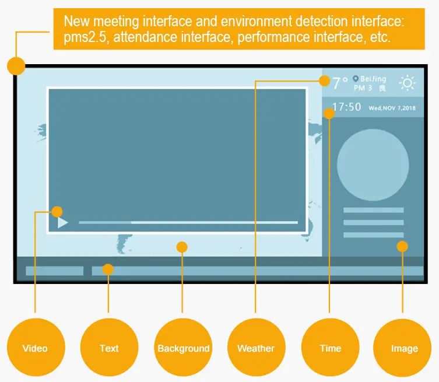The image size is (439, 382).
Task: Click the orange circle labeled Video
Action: coord(35,348)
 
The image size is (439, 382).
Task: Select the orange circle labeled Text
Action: coord(109,348)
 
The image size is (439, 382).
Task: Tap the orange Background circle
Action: coord(183,348)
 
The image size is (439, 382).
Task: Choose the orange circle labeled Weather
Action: coord(256,348)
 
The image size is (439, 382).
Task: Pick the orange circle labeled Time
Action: coord(330,348)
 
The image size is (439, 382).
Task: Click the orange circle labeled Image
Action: coord(404,348)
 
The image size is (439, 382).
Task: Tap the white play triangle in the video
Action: coord(62,222)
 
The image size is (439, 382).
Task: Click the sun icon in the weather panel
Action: coord(408,83)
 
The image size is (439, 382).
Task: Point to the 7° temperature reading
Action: coord(340,83)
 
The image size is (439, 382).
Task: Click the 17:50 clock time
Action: coord(347,107)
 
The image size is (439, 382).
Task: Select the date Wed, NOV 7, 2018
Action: coord(392,108)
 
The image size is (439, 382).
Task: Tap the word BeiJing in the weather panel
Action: coord(373,79)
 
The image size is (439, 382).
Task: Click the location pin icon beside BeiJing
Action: coord(356,79)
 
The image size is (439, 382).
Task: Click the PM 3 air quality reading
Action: coord(363,88)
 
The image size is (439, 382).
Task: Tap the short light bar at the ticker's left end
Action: coord(54,271)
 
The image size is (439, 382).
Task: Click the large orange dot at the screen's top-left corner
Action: coord(16,66)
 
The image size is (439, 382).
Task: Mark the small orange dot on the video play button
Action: coord(57,211)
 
